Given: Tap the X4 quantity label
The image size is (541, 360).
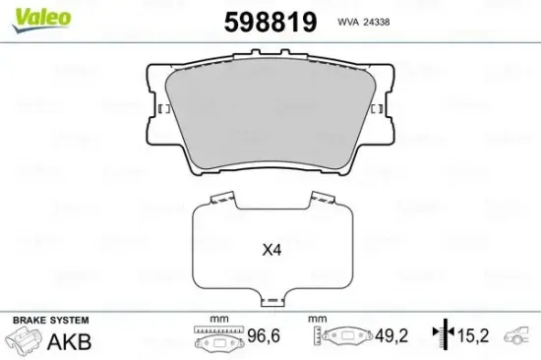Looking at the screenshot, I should [271, 250].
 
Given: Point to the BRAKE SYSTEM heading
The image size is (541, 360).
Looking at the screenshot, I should [50, 321].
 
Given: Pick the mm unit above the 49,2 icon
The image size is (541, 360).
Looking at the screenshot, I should [316, 320].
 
